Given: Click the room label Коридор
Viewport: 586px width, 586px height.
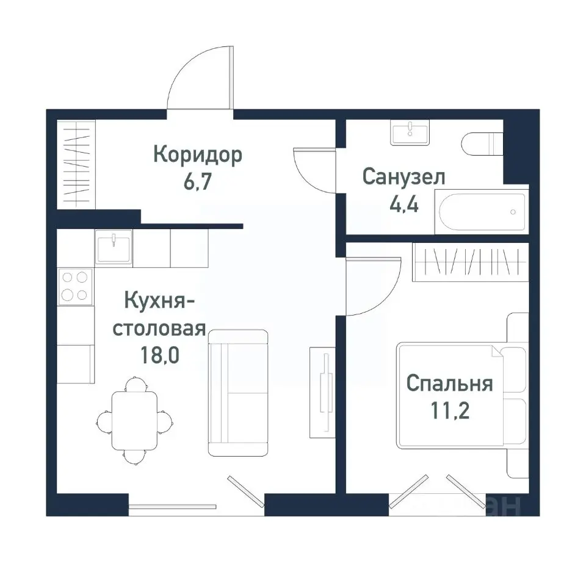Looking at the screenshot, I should [197, 155].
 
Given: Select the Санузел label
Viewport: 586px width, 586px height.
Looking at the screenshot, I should [403, 177].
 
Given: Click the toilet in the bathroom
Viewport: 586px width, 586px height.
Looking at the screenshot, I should [482, 145].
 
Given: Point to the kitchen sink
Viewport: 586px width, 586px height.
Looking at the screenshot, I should [114, 247].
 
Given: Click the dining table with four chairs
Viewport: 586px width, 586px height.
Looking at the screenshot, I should [134, 420].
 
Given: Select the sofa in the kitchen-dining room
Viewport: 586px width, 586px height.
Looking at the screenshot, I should [238, 392].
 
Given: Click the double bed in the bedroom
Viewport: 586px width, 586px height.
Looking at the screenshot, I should [459, 394].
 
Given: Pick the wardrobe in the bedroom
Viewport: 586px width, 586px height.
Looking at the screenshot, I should [470, 262].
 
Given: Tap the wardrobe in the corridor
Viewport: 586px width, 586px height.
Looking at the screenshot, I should [76, 164].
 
